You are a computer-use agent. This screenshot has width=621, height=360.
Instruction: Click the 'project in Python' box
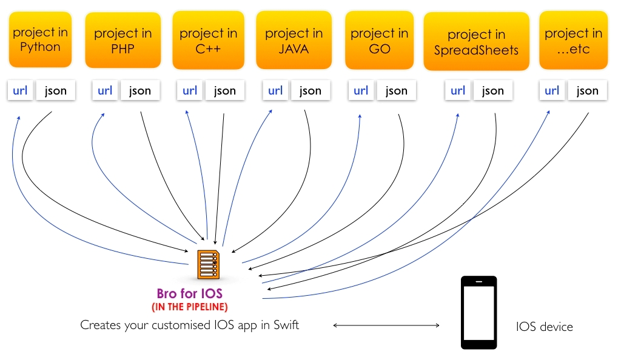40,39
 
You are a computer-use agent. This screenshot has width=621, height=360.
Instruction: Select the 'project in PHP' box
123,40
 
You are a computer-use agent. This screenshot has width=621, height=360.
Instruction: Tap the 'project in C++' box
209,40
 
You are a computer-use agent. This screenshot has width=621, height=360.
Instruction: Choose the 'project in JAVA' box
294,40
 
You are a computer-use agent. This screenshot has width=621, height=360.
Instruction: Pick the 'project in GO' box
380,40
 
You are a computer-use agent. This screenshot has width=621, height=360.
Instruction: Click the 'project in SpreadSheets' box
477,41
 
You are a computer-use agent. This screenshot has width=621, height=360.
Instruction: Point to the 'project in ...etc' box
574,40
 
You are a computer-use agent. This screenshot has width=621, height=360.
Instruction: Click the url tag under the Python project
20,90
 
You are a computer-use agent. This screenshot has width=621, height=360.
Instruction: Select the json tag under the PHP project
140,90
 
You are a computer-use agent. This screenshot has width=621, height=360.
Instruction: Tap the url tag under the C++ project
190,90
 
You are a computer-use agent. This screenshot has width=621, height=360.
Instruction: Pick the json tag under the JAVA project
310,90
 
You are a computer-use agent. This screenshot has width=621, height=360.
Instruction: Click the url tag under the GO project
361,90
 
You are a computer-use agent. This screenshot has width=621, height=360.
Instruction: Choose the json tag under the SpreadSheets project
493,90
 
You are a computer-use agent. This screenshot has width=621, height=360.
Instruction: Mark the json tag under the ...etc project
587,90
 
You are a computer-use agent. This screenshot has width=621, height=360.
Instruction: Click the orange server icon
209,265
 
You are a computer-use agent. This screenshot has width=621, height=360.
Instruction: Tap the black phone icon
479,313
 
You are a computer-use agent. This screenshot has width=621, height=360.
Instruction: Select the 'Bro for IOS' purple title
190,293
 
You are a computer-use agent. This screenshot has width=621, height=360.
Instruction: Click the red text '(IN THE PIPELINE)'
190,307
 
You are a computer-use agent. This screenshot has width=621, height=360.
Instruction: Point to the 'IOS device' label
545,327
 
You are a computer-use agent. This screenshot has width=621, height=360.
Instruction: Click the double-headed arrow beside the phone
386,325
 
